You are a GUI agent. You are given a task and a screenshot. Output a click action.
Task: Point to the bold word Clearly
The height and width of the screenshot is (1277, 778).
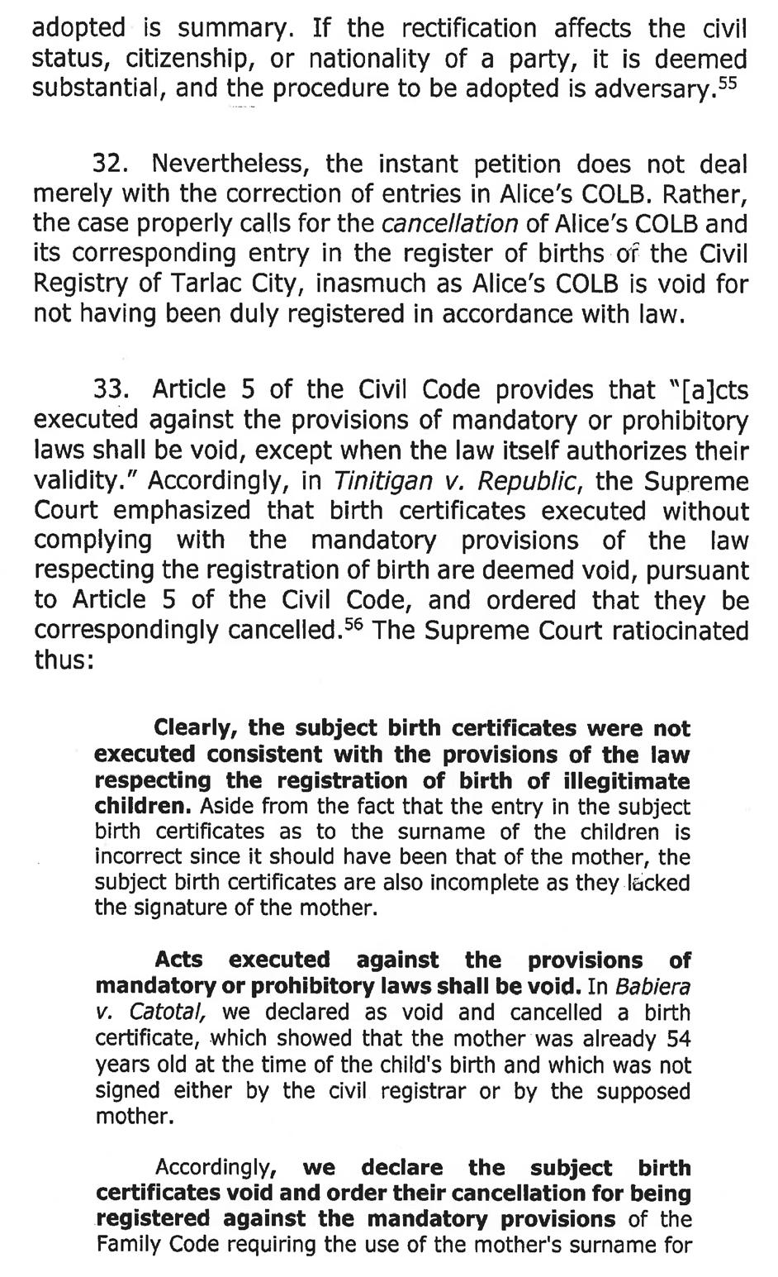tap(197, 729)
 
